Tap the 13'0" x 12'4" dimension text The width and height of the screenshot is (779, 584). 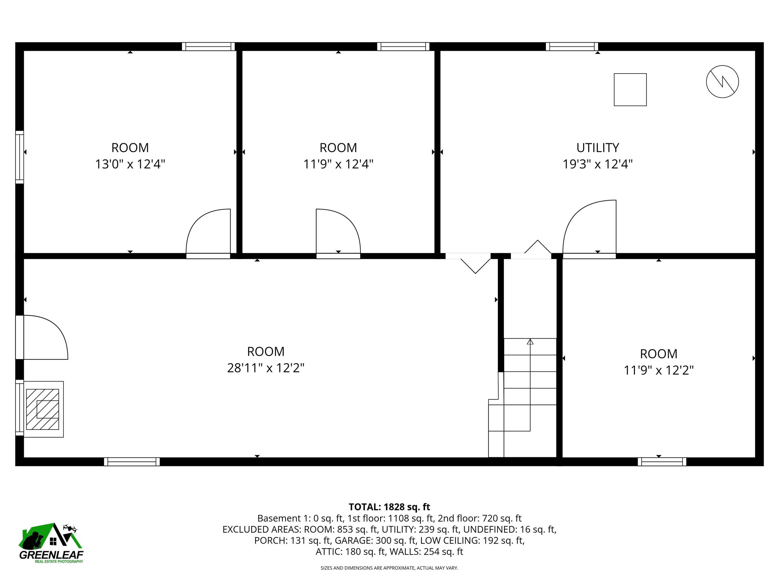pyautogui.click(x=130, y=164)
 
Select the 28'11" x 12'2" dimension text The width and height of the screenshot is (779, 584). pyautogui.click(x=265, y=368)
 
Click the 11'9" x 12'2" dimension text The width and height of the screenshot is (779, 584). pyautogui.click(x=659, y=370)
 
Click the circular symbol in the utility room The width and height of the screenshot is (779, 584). pyautogui.click(x=722, y=82)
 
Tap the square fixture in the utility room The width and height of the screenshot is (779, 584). pyautogui.click(x=630, y=89)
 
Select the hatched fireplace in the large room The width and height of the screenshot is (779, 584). pyautogui.click(x=43, y=409)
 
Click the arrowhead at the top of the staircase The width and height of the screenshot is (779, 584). pyautogui.click(x=530, y=341)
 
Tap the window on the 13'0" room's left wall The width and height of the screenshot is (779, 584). pyautogui.click(x=20, y=157)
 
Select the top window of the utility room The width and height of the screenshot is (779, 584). pyautogui.click(x=572, y=46)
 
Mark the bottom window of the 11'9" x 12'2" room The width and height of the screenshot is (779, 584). pyautogui.click(x=662, y=462)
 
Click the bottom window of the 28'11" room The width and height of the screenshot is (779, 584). pyautogui.click(x=132, y=462)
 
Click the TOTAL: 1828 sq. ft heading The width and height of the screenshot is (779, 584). pyautogui.click(x=389, y=507)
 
